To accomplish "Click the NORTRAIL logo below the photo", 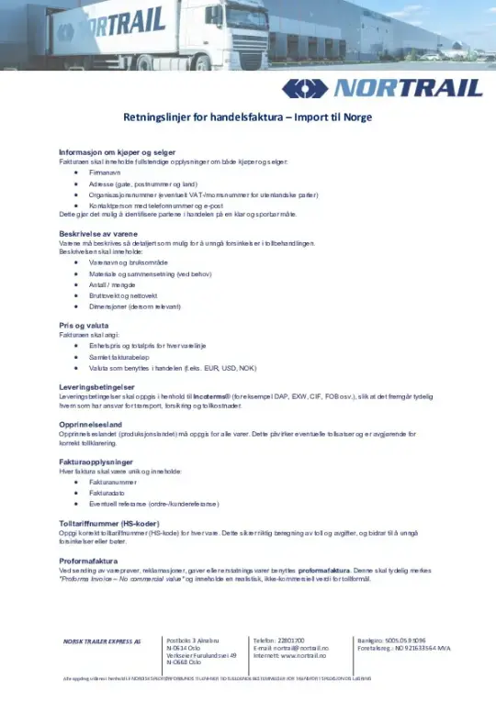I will coord(381,87).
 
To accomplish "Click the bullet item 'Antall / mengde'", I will coord(112,284).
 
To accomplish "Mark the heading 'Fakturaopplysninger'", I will coord(89,461).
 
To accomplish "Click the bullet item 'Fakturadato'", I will coord(106,492).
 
